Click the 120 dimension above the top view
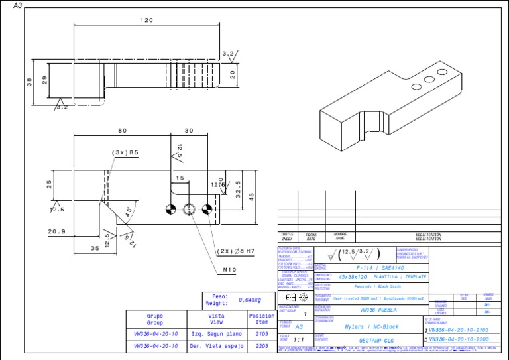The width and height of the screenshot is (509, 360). click(x=146, y=21)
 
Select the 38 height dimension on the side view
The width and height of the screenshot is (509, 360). click(x=29, y=82)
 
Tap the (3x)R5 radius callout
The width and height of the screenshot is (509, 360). click(x=125, y=152)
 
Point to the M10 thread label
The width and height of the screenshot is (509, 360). click(x=230, y=270)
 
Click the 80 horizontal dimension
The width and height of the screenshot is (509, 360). click(x=122, y=131)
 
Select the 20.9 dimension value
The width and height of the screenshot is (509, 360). click(x=57, y=231)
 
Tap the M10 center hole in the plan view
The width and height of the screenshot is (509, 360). click(x=190, y=210)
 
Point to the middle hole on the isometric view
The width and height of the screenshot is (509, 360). click(x=417, y=86)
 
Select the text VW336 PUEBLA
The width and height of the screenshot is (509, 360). click(x=378, y=310)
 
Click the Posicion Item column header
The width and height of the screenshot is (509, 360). click(x=262, y=319)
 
